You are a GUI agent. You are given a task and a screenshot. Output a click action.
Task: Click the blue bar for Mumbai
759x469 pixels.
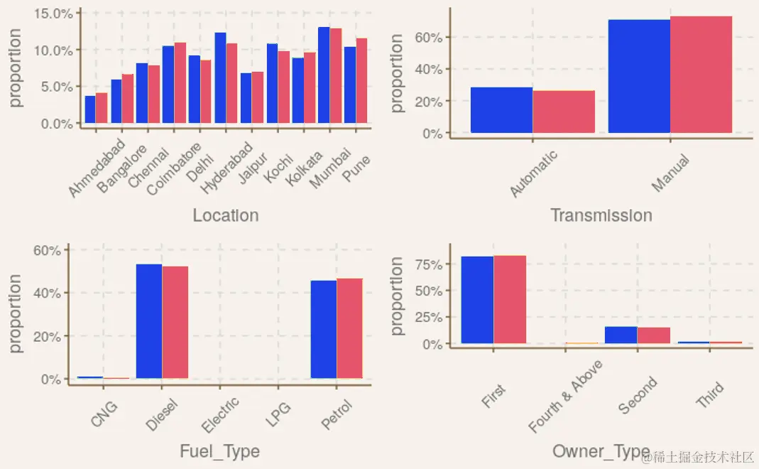(324, 76)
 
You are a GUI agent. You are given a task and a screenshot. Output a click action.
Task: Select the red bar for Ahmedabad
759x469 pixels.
(102, 108)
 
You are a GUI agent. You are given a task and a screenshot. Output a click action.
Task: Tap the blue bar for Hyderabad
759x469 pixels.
(220, 78)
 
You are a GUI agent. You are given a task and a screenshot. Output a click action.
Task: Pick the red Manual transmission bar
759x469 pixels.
(701, 75)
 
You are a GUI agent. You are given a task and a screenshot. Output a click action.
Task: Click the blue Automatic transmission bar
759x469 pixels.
(501, 110)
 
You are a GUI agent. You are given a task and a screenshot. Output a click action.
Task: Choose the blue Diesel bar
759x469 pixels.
(149, 321)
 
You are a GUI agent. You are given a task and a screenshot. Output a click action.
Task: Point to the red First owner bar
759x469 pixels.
(510, 300)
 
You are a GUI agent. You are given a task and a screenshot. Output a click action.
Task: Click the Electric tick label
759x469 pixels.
(221, 415)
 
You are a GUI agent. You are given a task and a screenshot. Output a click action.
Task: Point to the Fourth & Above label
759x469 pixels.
(566, 397)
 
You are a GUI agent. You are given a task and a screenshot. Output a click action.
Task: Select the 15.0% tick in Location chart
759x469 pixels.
(53, 14)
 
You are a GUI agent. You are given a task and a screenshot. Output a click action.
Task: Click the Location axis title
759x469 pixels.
(226, 215)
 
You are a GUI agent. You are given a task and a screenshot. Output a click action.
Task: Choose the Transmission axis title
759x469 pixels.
(601, 215)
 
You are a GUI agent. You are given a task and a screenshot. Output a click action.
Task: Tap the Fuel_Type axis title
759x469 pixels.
(219, 451)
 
